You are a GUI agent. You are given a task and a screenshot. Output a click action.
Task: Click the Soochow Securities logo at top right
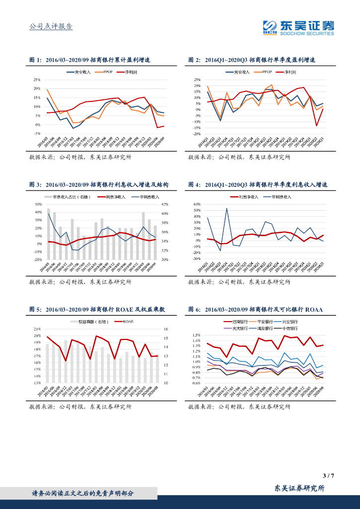[x=298, y=28]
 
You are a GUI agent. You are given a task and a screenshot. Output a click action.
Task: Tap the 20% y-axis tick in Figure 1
[x=37, y=89]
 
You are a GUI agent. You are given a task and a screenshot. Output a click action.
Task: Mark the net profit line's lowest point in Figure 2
[x=317, y=125]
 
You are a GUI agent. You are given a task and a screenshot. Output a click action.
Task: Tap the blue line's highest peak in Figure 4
[x=227, y=208]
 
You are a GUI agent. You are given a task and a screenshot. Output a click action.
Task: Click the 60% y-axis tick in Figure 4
[x=196, y=204]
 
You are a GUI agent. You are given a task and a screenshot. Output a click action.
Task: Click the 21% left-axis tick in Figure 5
[x=37, y=329]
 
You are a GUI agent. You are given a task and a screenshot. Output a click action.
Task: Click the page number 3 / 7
[x=328, y=476]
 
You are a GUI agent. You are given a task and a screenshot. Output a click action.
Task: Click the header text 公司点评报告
[x=51, y=26]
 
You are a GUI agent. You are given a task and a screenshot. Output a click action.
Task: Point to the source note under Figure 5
[x=80, y=407]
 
